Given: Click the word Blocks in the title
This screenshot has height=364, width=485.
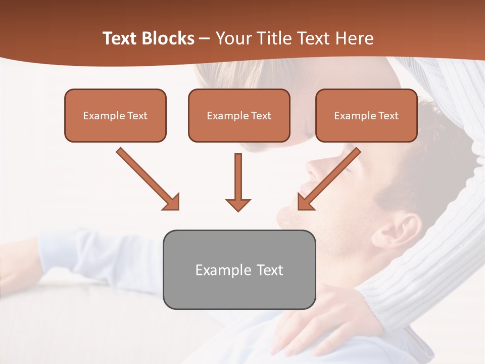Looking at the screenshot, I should pyautogui.click(x=168, y=38).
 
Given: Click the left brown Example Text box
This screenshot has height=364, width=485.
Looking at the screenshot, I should pyautogui.click(x=115, y=115).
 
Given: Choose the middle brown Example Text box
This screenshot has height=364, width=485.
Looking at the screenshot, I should pyautogui.click(x=239, y=115).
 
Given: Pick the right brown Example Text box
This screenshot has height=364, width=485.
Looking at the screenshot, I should pyautogui.click(x=366, y=115).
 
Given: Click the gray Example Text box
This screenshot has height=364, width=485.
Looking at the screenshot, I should pyautogui.click(x=239, y=269).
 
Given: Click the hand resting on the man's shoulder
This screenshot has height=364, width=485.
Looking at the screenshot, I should pyautogui.click(x=323, y=313).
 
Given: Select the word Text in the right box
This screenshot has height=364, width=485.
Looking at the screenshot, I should pyautogui.click(x=389, y=116).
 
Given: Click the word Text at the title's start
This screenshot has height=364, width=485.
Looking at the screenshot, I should pyautogui.click(x=121, y=38).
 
